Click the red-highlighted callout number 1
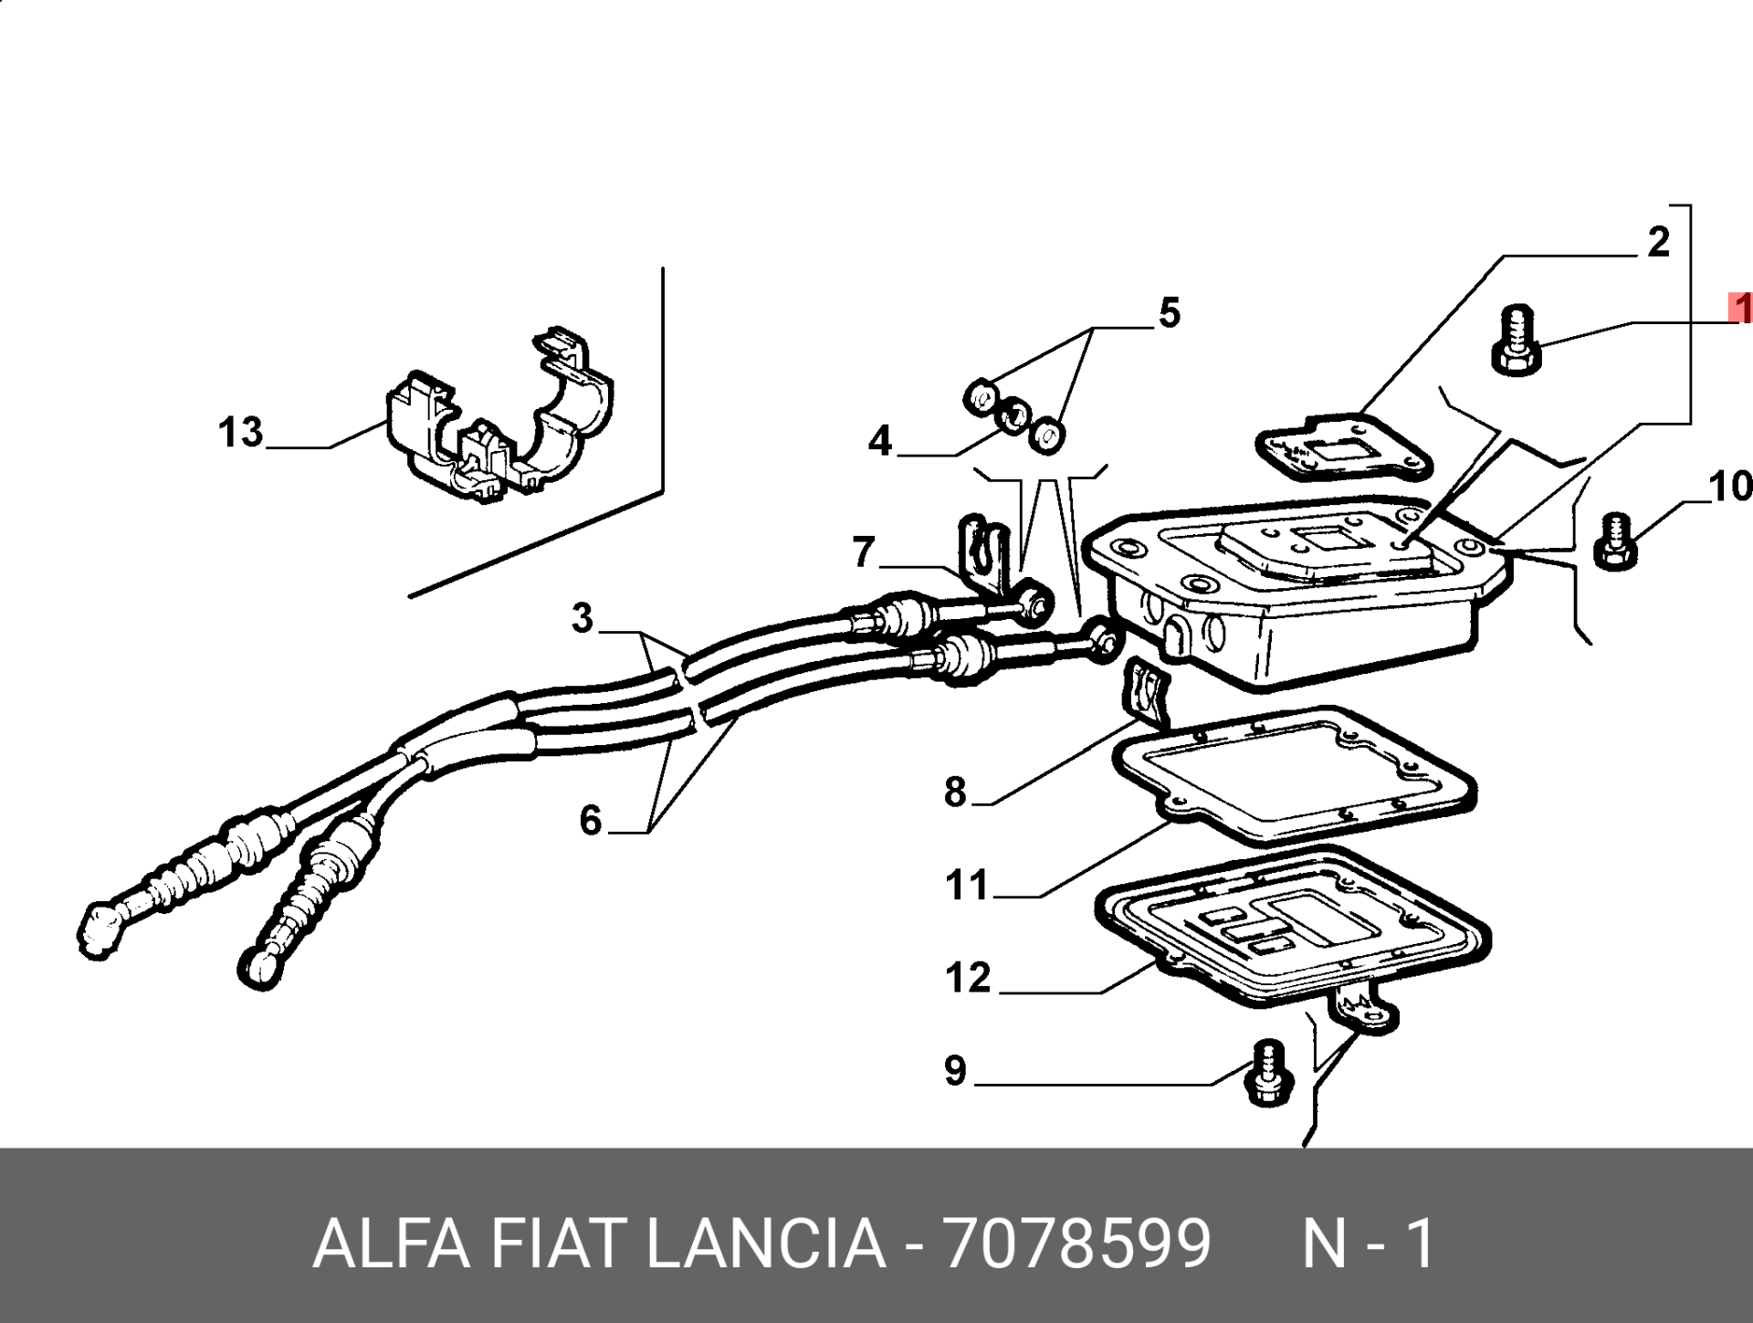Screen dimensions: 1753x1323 (x=1740, y=309)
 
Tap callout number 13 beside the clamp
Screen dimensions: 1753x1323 (x=240, y=432)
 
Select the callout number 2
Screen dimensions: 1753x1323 (x=1658, y=241)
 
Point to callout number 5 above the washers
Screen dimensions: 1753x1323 (x=1170, y=312)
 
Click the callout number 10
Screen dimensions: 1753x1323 (x=1730, y=487)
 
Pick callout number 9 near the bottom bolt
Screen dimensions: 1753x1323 (x=955, y=1070)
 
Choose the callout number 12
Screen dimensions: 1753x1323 (x=968, y=978)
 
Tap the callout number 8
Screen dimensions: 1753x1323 (x=955, y=792)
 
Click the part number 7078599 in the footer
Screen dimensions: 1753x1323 (x=1078, y=1243)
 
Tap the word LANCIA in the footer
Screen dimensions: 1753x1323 (x=766, y=1243)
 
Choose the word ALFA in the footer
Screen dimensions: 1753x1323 (x=393, y=1243)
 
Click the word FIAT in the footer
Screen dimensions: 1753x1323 (x=559, y=1243)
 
